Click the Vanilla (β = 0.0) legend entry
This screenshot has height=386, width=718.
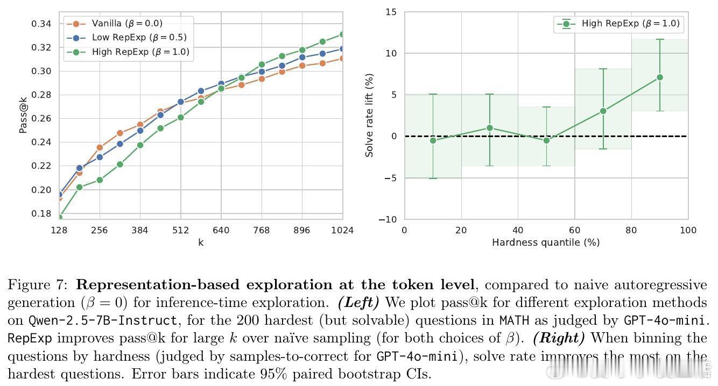click(126, 24)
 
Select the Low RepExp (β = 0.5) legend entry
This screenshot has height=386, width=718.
click(139, 38)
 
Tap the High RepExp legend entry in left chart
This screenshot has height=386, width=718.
click(140, 52)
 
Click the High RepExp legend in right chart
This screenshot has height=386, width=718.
click(630, 24)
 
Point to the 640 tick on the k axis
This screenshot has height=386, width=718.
click(221, 231)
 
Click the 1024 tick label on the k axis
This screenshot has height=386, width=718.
click(342, 231)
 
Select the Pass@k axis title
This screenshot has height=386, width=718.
click(24, 119)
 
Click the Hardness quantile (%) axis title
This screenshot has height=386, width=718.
click(546, 242)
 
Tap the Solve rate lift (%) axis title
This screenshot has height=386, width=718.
click(369, 115)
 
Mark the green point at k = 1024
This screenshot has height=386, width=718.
click(342, 34)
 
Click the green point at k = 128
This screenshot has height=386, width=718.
click(59, 217)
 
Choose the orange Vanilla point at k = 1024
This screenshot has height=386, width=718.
click(342, 58)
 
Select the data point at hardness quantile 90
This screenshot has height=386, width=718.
click(660, 77)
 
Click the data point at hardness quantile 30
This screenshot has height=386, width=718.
click(490, 128)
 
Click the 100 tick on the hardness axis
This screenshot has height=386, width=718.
click(688, 231)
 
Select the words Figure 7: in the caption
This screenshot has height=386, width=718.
click(38, 285)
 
